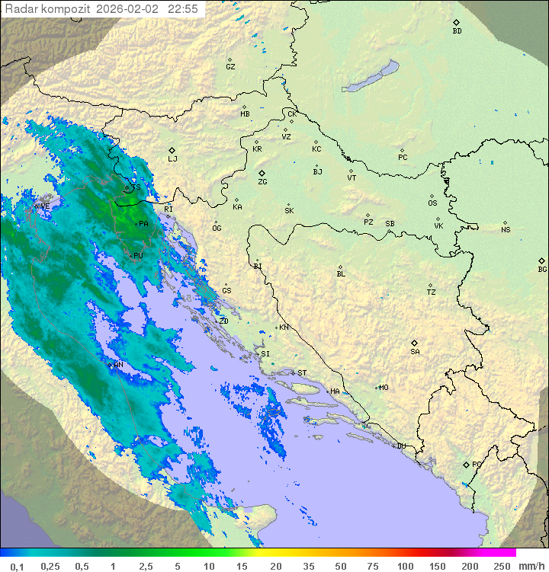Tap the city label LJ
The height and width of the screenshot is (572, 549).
point(172,159)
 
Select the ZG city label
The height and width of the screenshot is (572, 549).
point(262,182)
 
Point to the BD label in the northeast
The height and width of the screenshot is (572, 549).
point(457,31)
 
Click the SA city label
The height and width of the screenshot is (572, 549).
point(415,352)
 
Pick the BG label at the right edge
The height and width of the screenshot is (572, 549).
point(542,270)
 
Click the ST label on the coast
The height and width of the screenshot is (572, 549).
point(302,373)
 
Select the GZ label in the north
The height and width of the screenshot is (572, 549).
point(230,67)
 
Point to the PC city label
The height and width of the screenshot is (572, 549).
point(403,158)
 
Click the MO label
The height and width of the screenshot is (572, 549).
point(384,388)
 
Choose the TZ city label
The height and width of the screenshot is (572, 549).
point(431,292)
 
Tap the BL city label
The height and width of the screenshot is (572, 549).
point(341,274)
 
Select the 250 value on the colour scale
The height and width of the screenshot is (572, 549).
point(502,566)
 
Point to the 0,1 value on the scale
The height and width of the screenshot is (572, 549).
point(17,566)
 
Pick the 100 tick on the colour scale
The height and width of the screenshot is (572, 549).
point(405,566)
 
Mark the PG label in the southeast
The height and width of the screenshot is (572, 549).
point(477,465)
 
